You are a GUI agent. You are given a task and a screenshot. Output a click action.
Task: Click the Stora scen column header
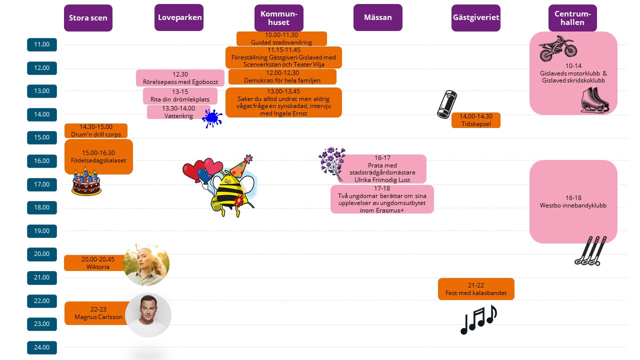[x=88, y=18]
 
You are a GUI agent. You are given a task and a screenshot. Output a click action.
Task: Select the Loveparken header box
[x=179, y=17]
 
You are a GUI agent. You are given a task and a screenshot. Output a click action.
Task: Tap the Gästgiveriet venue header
[x=475, y=17]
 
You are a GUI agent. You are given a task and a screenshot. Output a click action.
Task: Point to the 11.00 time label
[x=42, y=44]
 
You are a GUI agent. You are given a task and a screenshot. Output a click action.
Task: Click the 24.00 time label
[x=42, y=347]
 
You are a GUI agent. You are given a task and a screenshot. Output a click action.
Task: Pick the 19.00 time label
[x=42, y=231]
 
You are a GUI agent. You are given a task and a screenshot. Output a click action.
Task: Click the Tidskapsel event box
[x=475, y=120]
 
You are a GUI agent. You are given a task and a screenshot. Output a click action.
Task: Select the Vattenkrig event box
[x=178, y=112]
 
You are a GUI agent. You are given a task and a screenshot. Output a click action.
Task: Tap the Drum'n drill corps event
[x=96, y=131]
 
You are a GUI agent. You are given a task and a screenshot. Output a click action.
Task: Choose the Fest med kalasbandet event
[x=476, y=289]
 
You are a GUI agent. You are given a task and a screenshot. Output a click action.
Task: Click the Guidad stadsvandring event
[x=281, y=39]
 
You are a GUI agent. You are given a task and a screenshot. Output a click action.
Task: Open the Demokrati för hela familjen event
[x=282, y=76]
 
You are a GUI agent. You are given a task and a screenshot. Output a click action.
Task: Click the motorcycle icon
[x=557, y=48]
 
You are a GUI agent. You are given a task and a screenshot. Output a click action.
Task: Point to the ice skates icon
[x=595, y=99]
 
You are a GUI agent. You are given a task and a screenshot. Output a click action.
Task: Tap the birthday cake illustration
[x=86, y=182]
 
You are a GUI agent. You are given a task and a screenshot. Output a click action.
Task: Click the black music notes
[x=478, y=319]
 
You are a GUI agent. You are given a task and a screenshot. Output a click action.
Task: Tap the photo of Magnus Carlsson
[x=148, y=315]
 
